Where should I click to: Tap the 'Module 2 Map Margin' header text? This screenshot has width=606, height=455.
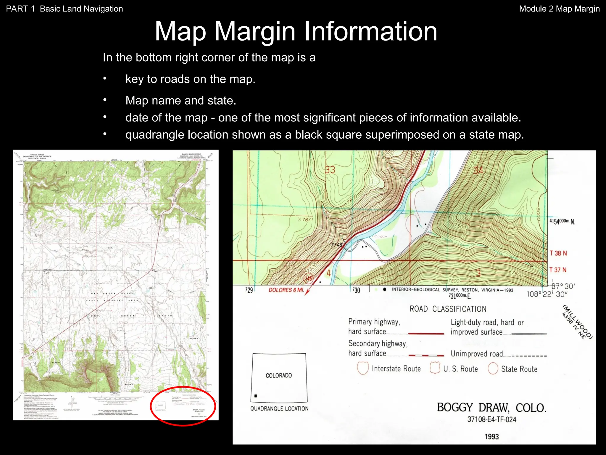[559, 9]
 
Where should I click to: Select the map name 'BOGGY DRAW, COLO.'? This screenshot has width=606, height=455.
[491, 408]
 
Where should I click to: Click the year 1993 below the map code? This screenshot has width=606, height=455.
[491, 436]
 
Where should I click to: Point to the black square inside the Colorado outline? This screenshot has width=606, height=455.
[256, 396]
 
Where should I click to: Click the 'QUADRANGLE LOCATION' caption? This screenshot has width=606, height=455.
[279, 408]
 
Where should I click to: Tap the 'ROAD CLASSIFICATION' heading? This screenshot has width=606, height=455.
[448, 309]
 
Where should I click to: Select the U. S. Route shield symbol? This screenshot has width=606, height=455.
[435, 368]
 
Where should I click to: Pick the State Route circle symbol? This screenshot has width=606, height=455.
[493, 369]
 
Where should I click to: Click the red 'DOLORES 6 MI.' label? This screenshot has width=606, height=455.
[286, 290]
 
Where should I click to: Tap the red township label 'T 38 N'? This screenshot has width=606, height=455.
[558, 253]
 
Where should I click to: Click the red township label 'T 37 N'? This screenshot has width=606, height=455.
[558, 270]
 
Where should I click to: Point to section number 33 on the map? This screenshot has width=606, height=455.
[330, 170]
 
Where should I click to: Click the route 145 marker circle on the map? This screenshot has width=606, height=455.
[309, 278]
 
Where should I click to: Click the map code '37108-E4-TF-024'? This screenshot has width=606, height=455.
[491, 419]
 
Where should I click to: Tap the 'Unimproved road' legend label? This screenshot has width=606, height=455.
[476, 354]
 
